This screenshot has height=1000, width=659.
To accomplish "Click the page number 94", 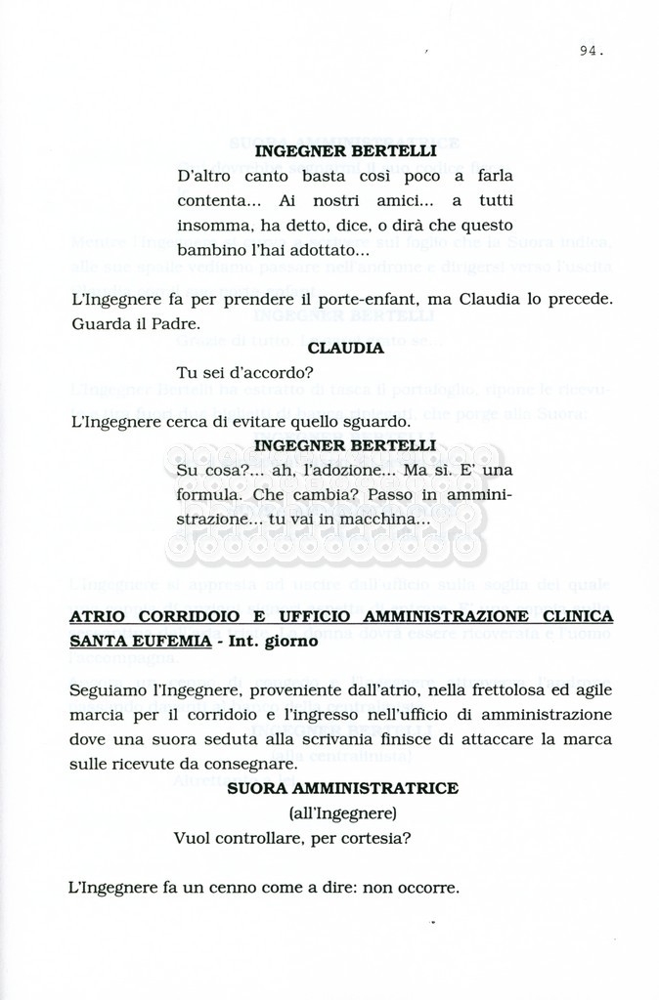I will click(590, 52).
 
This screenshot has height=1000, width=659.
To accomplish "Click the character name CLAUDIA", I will click(344, 347).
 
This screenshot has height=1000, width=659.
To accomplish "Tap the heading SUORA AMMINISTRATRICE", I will click(342, 788).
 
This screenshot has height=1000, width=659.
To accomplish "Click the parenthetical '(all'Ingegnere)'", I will click(342, 812).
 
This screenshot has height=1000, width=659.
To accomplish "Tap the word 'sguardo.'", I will click(346, 422).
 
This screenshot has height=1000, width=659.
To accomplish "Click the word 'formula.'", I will click(208, 495).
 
